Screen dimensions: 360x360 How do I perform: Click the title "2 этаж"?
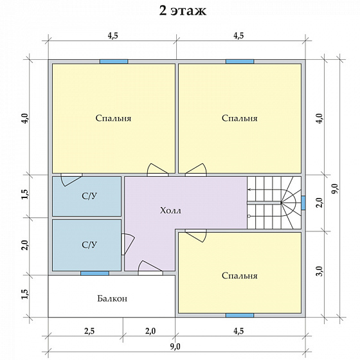click(183, 10)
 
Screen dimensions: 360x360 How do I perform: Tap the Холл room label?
click(170, 210)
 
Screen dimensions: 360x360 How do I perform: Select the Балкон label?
click(112, 298)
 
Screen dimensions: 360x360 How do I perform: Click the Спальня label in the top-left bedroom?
click(113, 118)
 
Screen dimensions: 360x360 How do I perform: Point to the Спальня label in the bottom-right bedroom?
click(239, 276)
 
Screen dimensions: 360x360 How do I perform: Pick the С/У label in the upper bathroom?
click(89, 196)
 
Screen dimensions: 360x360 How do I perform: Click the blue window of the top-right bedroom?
click(240, 62)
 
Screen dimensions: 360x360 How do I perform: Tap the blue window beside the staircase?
click(303, 203)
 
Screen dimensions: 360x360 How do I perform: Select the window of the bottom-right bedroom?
click(240, 315)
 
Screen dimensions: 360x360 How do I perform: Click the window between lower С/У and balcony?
click(94, 273)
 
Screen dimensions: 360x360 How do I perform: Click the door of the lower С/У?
click(128, 244)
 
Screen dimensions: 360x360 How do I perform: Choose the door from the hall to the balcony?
click(150, 267)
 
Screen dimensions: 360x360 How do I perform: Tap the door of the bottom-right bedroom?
click(196, 235)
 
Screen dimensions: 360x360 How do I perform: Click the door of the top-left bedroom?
click(157, 170)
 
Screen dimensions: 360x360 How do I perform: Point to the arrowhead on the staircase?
click(249, 190)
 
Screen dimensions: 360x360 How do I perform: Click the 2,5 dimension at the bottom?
click(89, 331)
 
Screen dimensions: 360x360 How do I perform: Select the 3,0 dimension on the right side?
click(321, 271)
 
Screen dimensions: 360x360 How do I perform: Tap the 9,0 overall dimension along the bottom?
click(175, 346)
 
